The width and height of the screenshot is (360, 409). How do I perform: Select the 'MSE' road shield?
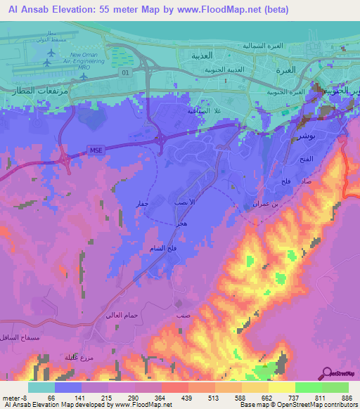pos(96,148)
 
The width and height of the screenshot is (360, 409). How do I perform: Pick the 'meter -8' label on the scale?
pos(15,398)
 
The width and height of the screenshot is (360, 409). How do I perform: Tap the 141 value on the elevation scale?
pos(80,398)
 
